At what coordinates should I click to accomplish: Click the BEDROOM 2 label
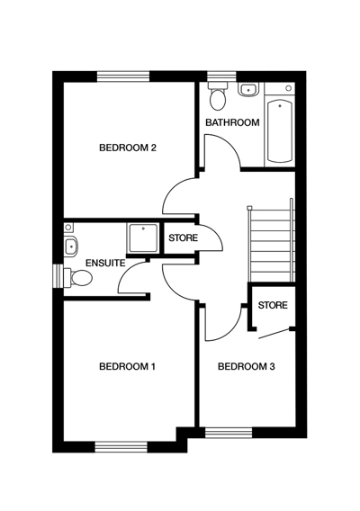[128, 148]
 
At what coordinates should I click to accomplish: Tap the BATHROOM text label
[232, 122]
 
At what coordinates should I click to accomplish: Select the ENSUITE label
[104, 263]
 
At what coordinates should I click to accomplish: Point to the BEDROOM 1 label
[128, 366]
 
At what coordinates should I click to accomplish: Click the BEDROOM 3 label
[246, 366]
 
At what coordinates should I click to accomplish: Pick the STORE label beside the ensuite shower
[183, 238]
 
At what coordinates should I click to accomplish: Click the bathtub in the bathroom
[281, 131]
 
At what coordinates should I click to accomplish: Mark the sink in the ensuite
[70, 245]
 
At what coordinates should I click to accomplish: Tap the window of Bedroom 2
[122, 76]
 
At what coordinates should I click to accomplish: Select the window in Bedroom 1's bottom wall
[121, 444]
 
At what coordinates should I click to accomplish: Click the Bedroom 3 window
[230, 433]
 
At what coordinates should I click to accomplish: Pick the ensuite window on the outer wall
[57, 273]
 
